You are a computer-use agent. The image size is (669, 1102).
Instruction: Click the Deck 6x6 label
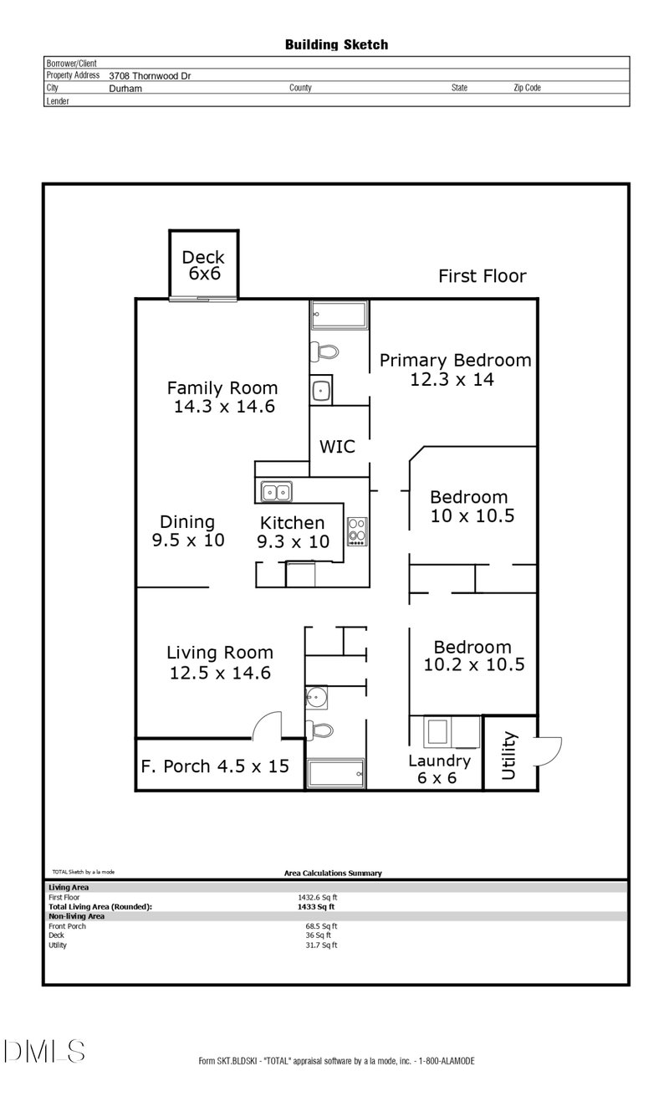coord(203,265)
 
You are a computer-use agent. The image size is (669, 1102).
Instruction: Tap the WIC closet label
coord(337,447)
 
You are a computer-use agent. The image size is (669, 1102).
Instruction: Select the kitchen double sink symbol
coord(276,491)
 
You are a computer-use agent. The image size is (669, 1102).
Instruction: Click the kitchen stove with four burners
coord(357,531)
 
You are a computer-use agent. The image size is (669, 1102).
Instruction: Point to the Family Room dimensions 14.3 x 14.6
coord(225,407)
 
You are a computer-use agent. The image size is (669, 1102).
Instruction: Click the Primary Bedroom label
coord(455,360)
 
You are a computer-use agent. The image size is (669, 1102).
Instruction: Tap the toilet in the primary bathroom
coord(324,351)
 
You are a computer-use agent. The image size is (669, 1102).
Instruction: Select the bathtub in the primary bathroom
coord(340,315)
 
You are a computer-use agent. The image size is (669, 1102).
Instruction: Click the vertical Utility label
coord(508,756)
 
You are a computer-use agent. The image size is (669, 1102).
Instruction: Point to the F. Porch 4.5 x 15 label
coord(215,766)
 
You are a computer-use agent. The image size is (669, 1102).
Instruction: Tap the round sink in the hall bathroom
coord(316,697)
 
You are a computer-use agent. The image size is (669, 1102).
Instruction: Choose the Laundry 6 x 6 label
coord(439,769)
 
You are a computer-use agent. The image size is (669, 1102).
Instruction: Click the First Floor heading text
coord(483,276)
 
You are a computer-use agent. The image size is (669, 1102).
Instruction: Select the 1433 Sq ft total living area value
coord(316,907)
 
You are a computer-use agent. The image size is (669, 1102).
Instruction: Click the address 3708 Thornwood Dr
coord(150,76)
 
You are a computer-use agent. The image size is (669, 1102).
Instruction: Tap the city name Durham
coord(125,89)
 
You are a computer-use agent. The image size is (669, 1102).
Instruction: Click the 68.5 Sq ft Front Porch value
coord(321,926)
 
